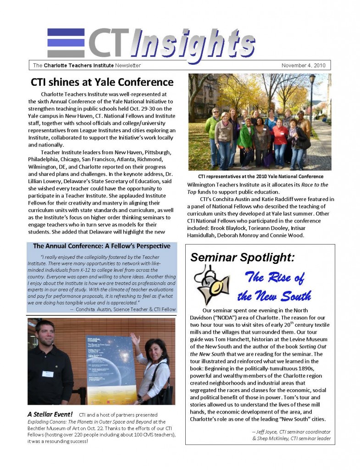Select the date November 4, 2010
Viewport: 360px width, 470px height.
pos(303,66)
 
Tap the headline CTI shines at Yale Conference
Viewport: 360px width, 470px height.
pos(102,83)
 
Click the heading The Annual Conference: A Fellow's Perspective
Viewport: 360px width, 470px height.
pos(102,246)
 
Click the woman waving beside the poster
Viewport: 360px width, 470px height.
pos(154,367)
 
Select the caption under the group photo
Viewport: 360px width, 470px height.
pos(260,177)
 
